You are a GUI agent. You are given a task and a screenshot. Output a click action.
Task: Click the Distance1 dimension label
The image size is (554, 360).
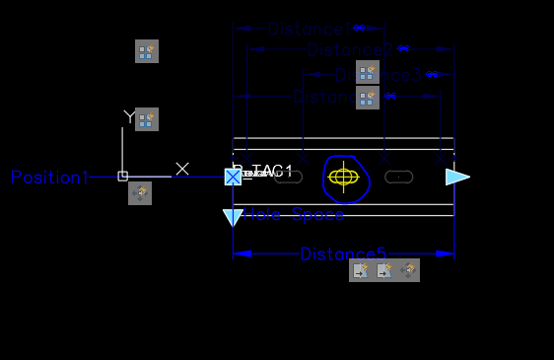[308, 30]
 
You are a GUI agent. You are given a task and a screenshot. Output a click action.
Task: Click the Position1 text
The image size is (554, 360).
[49, 178]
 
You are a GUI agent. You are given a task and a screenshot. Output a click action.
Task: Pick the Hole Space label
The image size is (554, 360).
[295, 214]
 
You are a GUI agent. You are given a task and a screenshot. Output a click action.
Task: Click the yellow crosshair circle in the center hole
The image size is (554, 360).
[343, 178]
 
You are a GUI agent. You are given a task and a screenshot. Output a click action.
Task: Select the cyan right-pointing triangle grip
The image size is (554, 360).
[456, 177]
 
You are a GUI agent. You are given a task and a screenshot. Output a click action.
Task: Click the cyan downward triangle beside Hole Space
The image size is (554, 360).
[233, 217]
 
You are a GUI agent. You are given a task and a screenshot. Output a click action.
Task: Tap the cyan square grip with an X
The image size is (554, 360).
[233, 177]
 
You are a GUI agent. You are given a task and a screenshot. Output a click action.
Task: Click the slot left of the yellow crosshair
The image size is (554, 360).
[288, 178]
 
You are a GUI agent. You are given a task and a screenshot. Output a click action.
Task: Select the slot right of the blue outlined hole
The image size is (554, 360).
[398, 178]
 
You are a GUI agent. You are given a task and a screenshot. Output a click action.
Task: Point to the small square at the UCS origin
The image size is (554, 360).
[122, 177]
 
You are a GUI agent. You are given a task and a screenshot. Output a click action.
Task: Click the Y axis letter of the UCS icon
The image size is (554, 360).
[128, 116]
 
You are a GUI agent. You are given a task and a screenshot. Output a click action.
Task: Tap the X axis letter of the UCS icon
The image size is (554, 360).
[182, 169]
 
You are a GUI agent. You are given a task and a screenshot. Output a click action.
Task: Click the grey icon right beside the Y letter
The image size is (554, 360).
[147, 119]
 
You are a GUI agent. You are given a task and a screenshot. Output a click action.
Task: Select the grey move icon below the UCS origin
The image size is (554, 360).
[140, 193]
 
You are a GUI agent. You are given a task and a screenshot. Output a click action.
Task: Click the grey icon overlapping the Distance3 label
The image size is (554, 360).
[367, 72]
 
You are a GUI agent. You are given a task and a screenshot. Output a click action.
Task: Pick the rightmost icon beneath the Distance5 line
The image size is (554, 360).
[408, 270]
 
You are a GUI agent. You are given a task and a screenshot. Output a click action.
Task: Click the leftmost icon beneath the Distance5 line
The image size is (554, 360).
[361, 270]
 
